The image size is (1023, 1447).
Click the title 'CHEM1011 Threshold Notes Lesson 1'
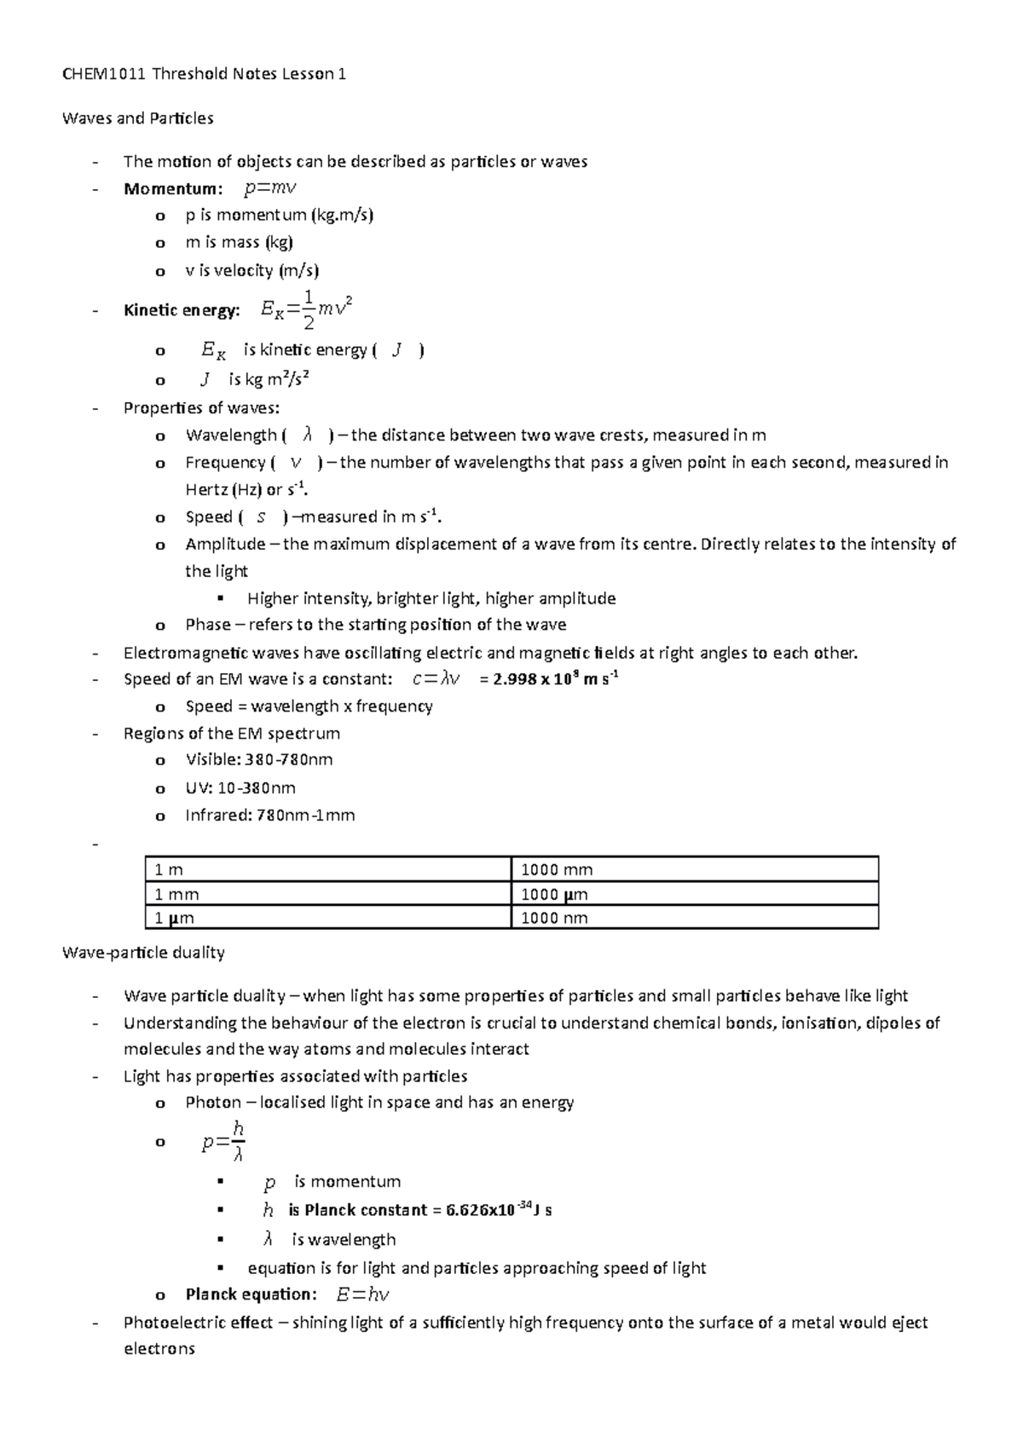tap(204, 74)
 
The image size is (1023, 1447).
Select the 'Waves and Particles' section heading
tap(137, 118)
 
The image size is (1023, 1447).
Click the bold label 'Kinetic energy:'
tap(182, 310)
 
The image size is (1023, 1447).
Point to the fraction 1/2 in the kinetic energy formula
tap(309, 309)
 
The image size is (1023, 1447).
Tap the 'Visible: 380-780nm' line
tap(258, 759)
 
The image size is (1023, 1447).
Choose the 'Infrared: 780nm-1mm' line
tap(269, 816)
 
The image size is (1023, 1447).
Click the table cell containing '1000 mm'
tap(557, 870)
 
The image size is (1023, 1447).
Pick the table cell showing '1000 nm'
tap(554, 919)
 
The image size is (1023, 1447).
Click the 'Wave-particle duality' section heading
tap(143, 952)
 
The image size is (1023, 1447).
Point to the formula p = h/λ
tap(224, 1143)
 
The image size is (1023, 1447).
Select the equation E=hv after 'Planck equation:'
tap(362, 1294)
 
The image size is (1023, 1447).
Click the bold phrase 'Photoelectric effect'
tap(198, 1323)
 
